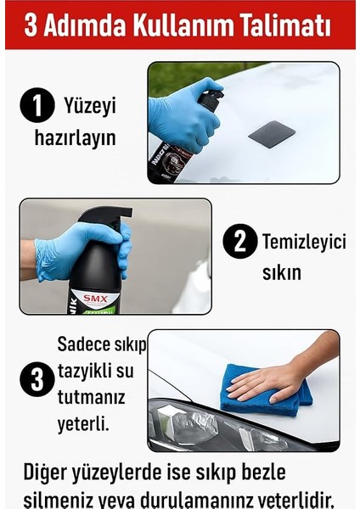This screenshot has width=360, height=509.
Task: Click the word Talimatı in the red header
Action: (286, 25)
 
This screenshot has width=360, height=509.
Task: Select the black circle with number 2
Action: (240, 243)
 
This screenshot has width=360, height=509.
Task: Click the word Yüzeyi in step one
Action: (89, 107)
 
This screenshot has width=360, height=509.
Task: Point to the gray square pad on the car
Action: (272, 133)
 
